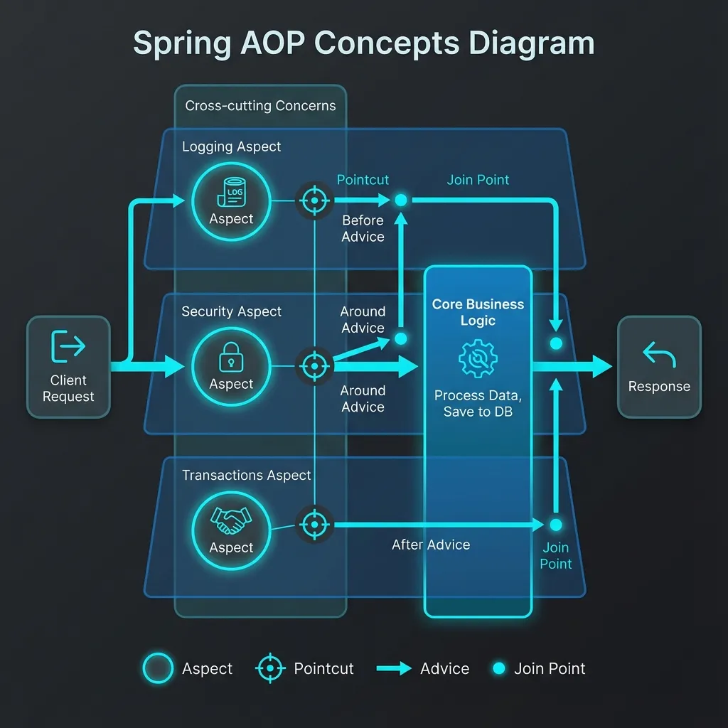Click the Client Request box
pos(68,367)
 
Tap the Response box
pos(659,367)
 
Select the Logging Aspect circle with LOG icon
pos(231,202)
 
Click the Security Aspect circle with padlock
pos(231,366)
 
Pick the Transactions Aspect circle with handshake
pos(231,530)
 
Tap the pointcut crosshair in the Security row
pos(314,366)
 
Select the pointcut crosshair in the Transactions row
pos(314,525)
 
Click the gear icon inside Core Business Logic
pos(478,358)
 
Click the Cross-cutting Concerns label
pos(260,106)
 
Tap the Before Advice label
pos(363,228)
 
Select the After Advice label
pos(431,545)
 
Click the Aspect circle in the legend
pos(158,668)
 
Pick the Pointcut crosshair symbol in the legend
pos(271,668)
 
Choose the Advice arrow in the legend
pos(394,668)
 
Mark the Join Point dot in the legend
pos(499,668)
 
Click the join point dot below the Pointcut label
pos(401,201)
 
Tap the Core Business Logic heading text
pos(478,312)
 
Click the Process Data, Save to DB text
pos(478,404)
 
